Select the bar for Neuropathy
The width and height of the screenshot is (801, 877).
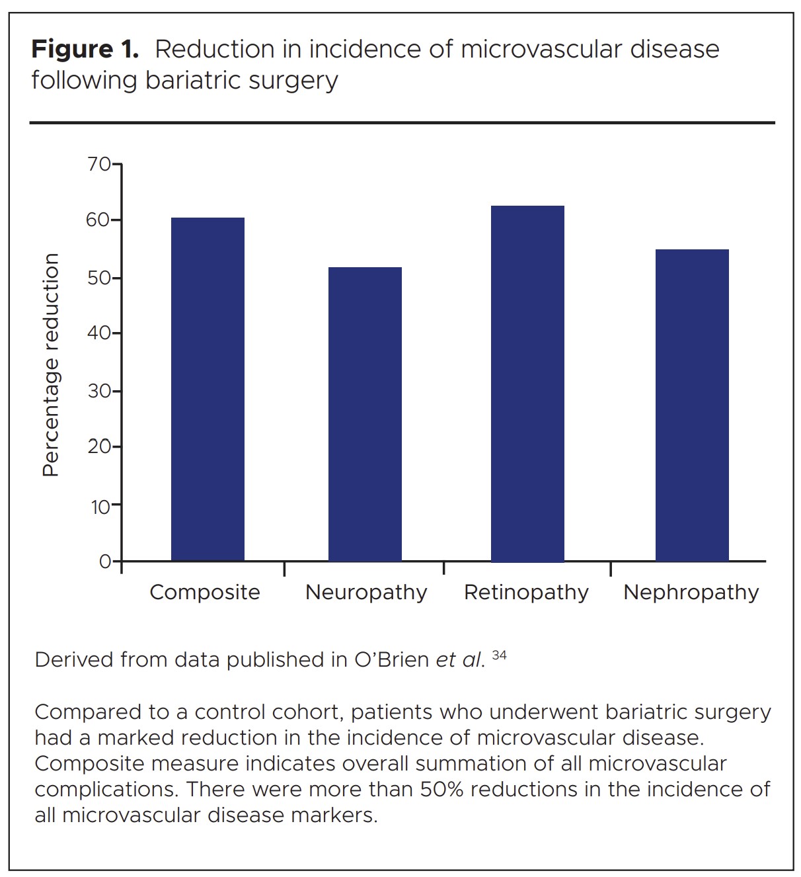click(365, 414)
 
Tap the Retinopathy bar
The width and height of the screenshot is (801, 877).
click(527, 384)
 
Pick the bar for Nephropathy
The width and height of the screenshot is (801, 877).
click(692, 405)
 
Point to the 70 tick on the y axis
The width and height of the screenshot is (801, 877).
click(99, 163)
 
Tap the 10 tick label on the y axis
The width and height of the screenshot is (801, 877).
click(99, 507)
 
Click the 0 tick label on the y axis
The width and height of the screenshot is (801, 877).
click(105, 562)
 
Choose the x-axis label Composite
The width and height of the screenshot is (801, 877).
click(205, 592)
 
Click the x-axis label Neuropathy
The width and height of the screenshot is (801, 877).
click(366, 592)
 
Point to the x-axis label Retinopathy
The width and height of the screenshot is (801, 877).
click(526, 592)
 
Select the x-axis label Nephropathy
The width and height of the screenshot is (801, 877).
click(691, 592)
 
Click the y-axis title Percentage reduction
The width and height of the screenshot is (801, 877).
click(51, 365)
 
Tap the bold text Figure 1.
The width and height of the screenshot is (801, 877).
click(85, 50)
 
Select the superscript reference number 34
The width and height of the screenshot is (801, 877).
click(500, 655)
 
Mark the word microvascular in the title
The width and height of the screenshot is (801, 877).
click(533, 50)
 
